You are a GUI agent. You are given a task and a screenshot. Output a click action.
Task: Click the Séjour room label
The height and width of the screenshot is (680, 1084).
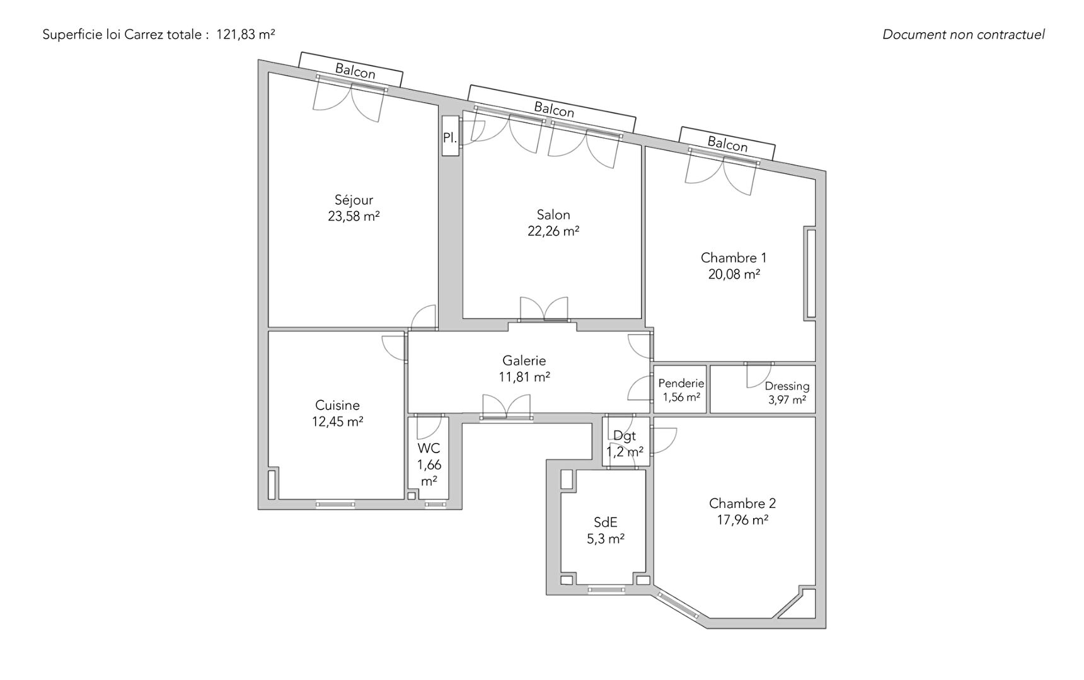point(354,200)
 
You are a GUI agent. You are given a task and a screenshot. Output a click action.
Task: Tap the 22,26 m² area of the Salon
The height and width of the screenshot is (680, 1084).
point(553,231)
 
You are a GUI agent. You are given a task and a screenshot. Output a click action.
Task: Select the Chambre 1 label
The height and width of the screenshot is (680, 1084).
point(734,258)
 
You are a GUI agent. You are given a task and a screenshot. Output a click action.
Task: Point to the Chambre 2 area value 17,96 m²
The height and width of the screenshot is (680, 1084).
point(742,520)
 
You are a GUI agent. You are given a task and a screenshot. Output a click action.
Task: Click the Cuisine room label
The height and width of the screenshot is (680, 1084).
point(337,405)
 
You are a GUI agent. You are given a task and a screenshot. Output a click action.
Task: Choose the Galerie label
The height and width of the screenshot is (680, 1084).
point(524,360)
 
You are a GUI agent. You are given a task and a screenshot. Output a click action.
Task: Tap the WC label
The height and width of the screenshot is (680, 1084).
point(429,449)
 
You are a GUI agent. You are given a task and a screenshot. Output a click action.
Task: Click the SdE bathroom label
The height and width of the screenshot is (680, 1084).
point(606,522)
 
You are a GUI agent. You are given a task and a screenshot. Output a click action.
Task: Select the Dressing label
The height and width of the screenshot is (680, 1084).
point(787,386)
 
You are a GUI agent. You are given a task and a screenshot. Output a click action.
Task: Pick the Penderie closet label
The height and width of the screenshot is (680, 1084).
point(681,383)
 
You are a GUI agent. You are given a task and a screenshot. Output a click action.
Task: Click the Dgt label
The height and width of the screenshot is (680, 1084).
point(625,436)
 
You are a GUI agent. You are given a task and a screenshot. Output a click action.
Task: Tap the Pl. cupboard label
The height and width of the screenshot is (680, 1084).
point(450,137)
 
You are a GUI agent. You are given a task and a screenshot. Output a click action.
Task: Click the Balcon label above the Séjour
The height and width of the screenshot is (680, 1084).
point(355,71)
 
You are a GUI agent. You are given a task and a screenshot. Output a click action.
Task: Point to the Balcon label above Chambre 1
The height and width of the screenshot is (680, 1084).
point(727,144)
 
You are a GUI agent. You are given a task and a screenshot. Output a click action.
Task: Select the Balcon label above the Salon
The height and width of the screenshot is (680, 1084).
point(554,109)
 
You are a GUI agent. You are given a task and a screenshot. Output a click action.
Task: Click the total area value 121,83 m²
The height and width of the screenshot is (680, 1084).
point(246,35)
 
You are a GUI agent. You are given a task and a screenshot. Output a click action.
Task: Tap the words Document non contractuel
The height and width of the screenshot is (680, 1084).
point(964,35)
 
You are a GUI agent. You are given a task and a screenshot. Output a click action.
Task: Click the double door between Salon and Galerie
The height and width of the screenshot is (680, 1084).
point(543,311)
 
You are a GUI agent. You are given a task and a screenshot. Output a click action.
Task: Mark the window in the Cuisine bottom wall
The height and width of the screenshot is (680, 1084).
point(335,504)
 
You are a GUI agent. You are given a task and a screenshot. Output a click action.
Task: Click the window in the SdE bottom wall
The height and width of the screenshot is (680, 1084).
point(606,591)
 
